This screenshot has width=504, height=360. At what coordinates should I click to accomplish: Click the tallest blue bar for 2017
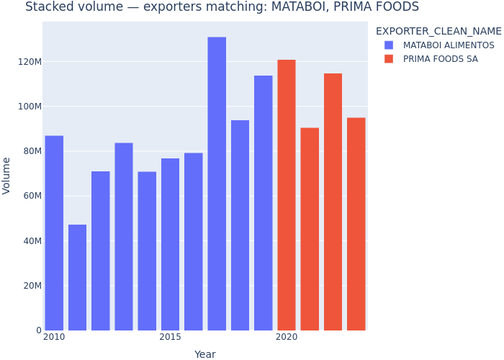[x=217, y=184]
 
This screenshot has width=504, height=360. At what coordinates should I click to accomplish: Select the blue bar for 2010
[x=54, y=233]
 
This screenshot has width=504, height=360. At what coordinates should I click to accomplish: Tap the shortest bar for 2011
[x=77, y=277]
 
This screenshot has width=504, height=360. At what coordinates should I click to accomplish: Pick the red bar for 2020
[x=287, y=194]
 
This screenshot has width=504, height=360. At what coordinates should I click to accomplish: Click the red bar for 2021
[x=310, y=229]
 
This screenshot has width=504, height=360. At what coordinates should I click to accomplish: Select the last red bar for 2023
[x=356, y=224]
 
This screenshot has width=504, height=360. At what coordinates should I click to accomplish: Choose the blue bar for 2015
[x=170, y=244]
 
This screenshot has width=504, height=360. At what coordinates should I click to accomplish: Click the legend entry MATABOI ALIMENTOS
[x=449, y=45]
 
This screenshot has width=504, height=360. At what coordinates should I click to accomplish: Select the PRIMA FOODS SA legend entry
[x=440, y=59]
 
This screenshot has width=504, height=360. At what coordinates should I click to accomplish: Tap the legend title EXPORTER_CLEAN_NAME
[x=438, y=31]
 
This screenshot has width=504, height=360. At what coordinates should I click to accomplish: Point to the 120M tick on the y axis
[x=30, y=62]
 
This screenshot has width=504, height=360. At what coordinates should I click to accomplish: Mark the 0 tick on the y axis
[x=38, y=330]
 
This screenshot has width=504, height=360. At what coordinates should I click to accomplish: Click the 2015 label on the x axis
[x=170, y=337]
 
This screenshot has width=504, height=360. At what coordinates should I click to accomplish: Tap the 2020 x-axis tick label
[x=287, y=337]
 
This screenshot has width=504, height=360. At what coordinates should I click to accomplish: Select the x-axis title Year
[x=205, y=354]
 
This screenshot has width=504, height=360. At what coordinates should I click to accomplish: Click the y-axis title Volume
[x=6, y=176]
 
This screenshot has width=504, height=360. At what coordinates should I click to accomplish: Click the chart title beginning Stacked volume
[x=222, y=7]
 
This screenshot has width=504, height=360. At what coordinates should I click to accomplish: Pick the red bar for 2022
[x=333, y=202]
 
